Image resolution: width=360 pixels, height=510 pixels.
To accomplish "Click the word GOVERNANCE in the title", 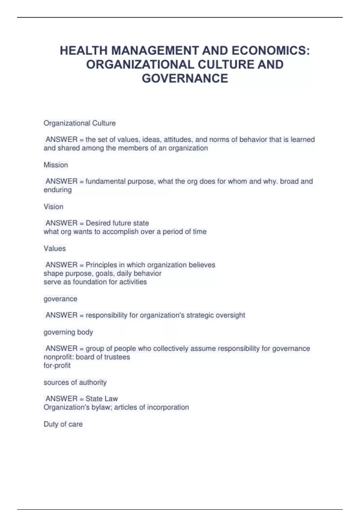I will click(185, 79).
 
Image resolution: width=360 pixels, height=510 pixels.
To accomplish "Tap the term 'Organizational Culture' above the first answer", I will click(79, 123).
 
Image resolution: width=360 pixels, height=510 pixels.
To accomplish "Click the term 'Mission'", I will click(56, 165).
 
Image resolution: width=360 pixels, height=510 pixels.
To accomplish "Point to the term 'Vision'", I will click(53, 206).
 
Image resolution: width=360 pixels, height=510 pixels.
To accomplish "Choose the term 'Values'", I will click(55, 248).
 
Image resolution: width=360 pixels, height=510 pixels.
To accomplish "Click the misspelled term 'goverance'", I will click(60, 299).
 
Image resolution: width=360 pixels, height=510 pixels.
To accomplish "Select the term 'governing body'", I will click(68, 332).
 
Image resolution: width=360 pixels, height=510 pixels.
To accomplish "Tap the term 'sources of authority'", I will click(75, 382).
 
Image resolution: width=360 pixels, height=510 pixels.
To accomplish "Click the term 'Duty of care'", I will click(63, 424).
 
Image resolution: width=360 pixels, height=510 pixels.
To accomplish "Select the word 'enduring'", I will click(58, 190).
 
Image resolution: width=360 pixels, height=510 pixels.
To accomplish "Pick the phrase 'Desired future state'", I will click(117, 223).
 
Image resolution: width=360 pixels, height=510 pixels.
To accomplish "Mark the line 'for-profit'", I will click(57, 365).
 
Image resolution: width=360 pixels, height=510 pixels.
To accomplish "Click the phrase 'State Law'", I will click(102, 398).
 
